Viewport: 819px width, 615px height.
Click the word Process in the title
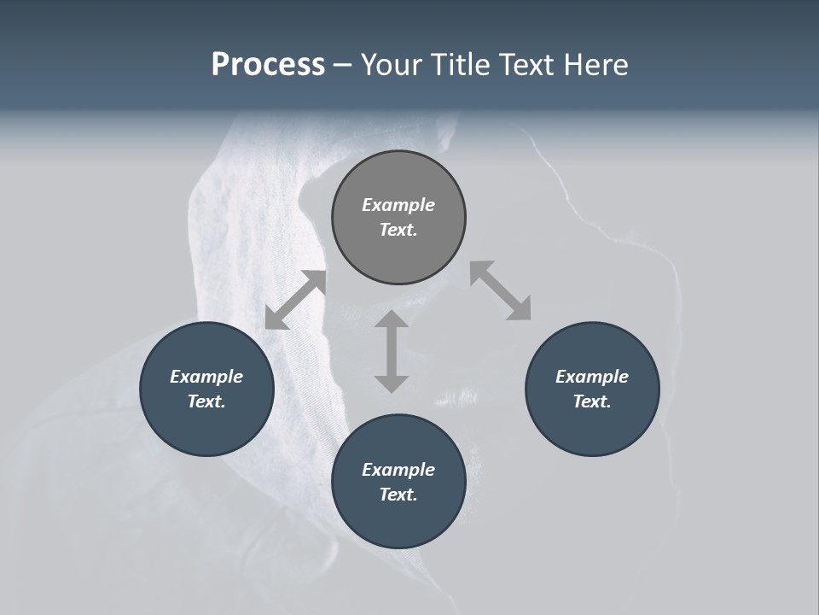(268, 65)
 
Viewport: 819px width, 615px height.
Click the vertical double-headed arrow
(392, 351)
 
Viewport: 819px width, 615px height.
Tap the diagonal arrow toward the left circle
(295, 300)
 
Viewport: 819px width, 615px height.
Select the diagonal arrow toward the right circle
(501, 290)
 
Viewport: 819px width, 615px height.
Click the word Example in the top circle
(398, 205)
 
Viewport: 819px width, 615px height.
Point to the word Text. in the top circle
(398, 230)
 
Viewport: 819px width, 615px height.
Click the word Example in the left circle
(206, 377)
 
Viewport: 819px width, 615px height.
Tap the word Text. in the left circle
(206, 401)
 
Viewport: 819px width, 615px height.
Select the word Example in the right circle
(592, 377)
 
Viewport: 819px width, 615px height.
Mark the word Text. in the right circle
(592, 401)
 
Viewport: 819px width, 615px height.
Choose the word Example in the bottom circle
(398, 470)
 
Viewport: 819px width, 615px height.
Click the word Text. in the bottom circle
(398, 495)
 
